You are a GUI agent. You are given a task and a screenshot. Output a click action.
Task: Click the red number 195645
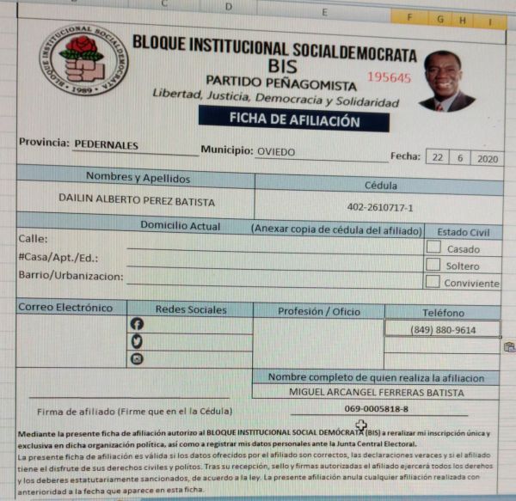(x=389, y=77)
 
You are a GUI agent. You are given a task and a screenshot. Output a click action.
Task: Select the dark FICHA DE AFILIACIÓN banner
(x=293, y=121)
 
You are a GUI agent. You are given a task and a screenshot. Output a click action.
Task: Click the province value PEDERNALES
(x=107, y=145)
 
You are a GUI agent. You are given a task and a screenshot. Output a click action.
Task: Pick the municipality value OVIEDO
(x=275, y=151)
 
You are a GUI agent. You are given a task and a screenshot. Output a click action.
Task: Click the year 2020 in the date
(x=486, y=158)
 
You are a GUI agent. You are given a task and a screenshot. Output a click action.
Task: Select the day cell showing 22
(x=438, y=158)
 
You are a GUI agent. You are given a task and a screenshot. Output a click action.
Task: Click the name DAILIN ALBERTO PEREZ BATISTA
(x=137, y=201)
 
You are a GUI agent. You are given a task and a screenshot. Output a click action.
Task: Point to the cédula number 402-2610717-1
(x=380, y=207)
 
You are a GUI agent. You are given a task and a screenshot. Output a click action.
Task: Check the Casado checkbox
(x=434, y=247)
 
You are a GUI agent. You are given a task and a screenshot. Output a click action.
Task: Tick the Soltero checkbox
(x=433, y=265)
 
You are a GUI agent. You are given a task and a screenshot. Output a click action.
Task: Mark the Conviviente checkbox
(x=433, y=281)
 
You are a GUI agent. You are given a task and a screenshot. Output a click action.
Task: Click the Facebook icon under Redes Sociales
(x=136, y=325)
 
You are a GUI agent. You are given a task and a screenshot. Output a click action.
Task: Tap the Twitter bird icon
(x=136, y=342)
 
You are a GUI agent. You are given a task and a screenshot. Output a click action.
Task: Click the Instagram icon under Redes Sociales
(x=136, y=359)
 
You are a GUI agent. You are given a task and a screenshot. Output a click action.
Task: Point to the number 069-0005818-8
(x=377, y=409)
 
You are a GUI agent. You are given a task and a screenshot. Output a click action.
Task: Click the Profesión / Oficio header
(x=318, y=311)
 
